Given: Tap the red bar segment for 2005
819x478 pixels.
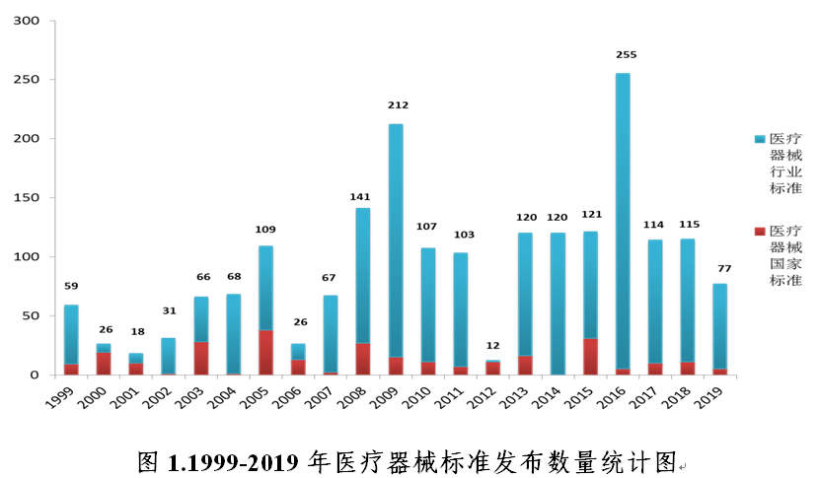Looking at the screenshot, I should pyautogui.click(x=265, y=353).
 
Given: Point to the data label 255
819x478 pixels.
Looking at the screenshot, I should pyautogui.click(x=626, y=55).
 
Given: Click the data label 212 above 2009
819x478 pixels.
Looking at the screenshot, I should pyautogui.click(x=398, y=105).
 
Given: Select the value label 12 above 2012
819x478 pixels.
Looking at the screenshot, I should pyautogui.click(x=493, y=345).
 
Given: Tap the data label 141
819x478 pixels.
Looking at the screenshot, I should pyautogui.click(x=360, y=197).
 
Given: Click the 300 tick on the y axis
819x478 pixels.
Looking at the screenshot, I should pyautogui.click(x=27, y=21).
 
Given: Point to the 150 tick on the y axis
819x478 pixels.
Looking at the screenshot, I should pyautogui.click(x=27, y=198).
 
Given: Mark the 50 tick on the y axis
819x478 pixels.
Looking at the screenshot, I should pyautogui.click(x=31, y=316).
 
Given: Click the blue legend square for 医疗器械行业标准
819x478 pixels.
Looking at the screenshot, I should pyautogui.click(x=759, y=139).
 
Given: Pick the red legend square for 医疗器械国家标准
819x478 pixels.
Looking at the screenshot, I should pyautogui.click(x=759, y=231).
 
